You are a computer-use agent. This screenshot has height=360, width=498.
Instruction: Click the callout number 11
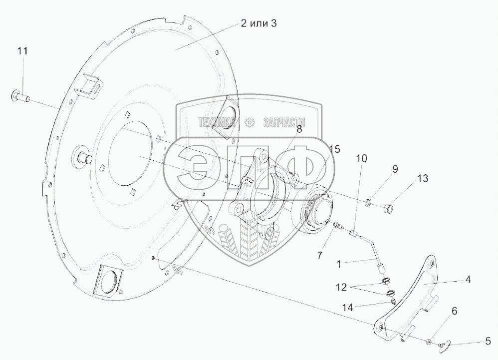click(x=22, y=51)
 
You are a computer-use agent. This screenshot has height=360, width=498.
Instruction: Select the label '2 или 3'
click(x=258, y=23)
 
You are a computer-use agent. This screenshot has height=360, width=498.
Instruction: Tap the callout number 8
click(x=299, y=129)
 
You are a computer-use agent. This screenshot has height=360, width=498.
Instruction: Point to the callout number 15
click(x=334, y=149)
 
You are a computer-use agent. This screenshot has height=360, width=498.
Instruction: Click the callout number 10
click(x=361, y=158)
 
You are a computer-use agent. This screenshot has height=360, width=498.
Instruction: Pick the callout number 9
click(x=395, y=169)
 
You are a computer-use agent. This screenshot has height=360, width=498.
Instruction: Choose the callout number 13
click(x=423, y=178)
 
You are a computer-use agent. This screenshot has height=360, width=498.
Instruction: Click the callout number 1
click(x=338, y=264)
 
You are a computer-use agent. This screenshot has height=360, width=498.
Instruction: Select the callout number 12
click(x=342, y=287)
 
